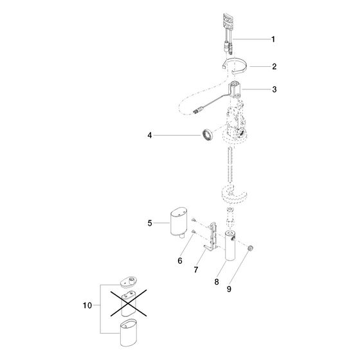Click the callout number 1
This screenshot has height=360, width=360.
click(x=273, y=39)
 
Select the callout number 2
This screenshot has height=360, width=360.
click(x=274, y=67)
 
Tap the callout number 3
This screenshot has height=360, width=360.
click(x=274, y=89)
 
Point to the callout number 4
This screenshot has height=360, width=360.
click(x=150, y=136)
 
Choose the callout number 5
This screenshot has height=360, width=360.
click(x=150, y=223)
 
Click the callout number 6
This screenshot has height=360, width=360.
click(x=180, y=260)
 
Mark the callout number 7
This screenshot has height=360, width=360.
click(x=196, y=269)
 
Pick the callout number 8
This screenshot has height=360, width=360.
click(x=217, y=282)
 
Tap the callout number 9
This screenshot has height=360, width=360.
click(x=229, y=289)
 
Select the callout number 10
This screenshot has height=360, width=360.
click(x=87, y=305)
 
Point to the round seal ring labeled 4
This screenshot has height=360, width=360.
click(x=208, y=135)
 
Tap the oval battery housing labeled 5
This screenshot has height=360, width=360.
click(x=179, y=222)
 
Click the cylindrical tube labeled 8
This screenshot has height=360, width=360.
click(x=230, y=245)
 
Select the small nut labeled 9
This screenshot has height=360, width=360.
click(x=250, y=248)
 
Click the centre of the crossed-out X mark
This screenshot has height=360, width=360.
click(x=129, y=303)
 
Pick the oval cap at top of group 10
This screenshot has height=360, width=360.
click(x=129, y=282)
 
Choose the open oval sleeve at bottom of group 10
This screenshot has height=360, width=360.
click(x=129, y=333)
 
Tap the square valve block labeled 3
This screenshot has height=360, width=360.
click(x=235, y=89)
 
